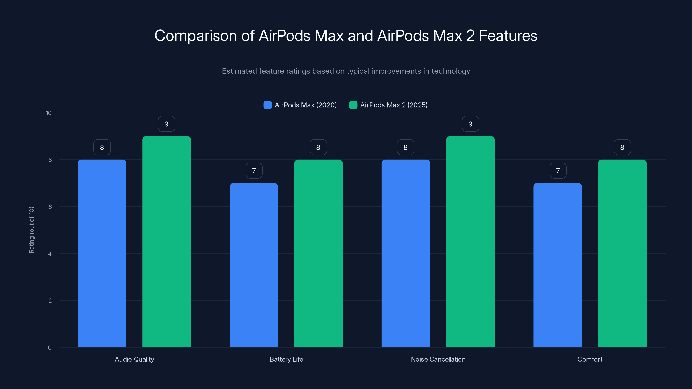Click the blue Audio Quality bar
[x=102, y=253]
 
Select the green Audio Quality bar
[x=166, y=242]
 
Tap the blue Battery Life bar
[x=254, y=265]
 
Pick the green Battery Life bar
[x=318, y=253]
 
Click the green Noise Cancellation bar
[x=470, y=242]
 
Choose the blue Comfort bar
[x=558, y=265]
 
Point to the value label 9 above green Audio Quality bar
[x=166, y=124]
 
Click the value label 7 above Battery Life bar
[x=254, y=171]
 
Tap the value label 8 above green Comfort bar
[x=622, y=147]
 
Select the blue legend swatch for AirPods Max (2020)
[x=268, y=105]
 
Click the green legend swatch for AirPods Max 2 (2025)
[x=353, y=105]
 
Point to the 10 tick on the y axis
[x=49, y=113]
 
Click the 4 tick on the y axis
[x=50, y=254]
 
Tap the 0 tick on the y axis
[x=50, y=348]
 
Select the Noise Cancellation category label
[x=438, y=359]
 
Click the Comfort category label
[x=590, y=359]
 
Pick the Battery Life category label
[x=286, y=359]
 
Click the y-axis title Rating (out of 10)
[x=31, y=230]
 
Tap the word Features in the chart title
[x=508, y=36]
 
